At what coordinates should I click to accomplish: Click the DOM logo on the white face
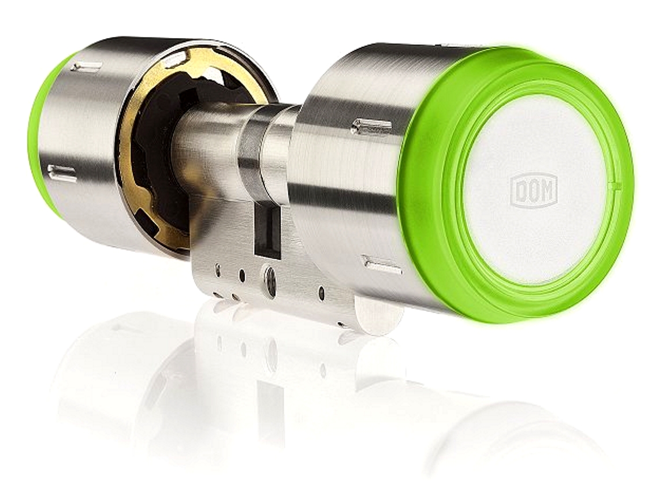[x=534, y=191]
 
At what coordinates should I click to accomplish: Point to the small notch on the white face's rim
[x=613, y=184]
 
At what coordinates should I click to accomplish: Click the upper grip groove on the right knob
[x=372, y=126]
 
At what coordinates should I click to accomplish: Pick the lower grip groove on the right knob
[x=383, y=265]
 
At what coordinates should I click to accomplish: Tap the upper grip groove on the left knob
[x=87, y=66]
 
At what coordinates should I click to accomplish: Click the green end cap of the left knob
[x=44, y=138]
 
